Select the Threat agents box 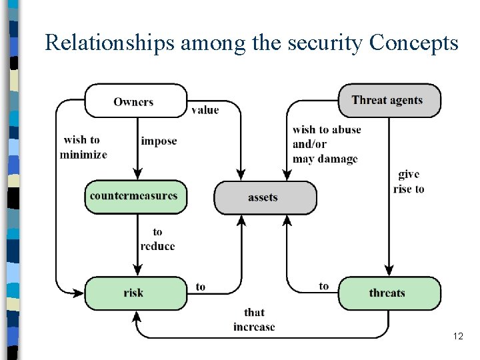click(x=389, y=101)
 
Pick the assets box click(x=265, y=197)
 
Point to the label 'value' click(x=205, y=110)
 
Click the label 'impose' click(x=159, y=141)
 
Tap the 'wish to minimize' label click(x=83, y=147)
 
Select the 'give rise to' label click(x=409, y=181)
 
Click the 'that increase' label click(x=254, y=319)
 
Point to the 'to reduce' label click(x=158, y=239)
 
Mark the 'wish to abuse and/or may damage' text click(x=326, y=144)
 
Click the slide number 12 click(x=457, y=337)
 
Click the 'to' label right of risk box click(x=201, y=287)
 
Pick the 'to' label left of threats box click(x=324, y=286)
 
